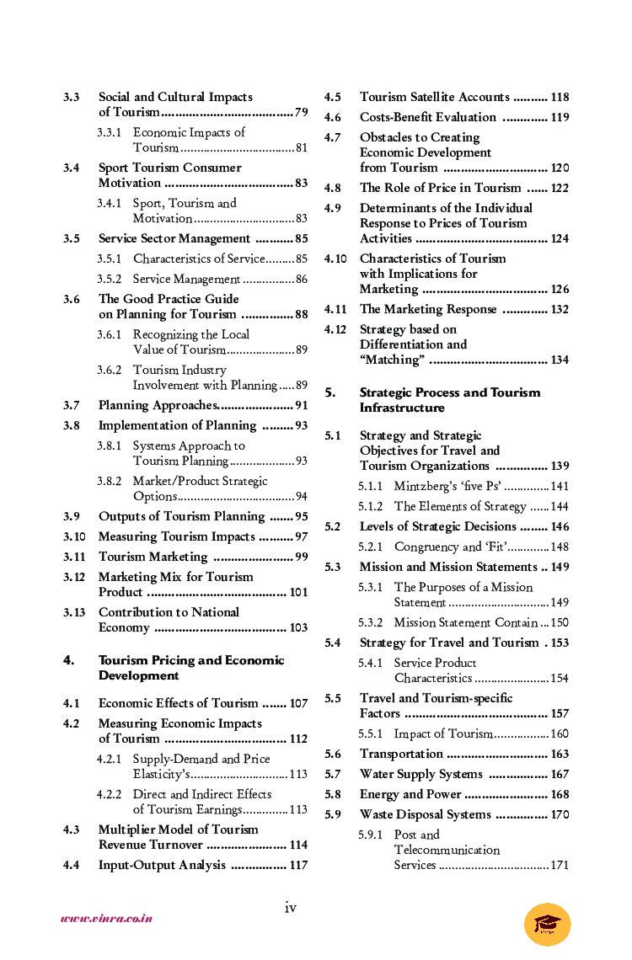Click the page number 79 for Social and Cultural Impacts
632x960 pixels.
(301, 113)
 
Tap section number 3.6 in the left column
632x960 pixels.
(72, 299)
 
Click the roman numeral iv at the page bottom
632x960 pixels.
(290, 907)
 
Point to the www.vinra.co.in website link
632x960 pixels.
(106, 919)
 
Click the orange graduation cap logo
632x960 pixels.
(547, 924)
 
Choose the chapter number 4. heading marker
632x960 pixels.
(69, 660)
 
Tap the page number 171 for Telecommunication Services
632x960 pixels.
(560, 866)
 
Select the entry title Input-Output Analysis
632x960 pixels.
(162, 865)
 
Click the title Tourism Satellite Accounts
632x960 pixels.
(434, 97)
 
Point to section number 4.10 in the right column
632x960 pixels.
(335, 259)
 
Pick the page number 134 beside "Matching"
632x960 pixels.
(560, 360)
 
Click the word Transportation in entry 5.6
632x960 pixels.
(401, 754)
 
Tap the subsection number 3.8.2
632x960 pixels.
(109, 482)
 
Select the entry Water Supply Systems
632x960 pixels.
(420, 774)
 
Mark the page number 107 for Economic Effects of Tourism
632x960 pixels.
(298, 704)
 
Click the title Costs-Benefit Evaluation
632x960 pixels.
(427, 117)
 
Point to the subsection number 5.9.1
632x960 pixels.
(370, 835)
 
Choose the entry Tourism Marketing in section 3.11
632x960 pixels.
(153, 557)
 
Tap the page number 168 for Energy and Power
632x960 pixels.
(560, 795)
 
